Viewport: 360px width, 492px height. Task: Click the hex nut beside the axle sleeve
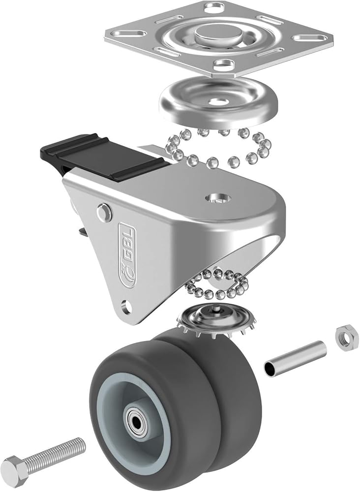pos(346,334)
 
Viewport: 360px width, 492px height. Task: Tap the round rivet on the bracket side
pos(104,212)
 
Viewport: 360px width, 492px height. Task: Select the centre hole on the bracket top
pos(218,198)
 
